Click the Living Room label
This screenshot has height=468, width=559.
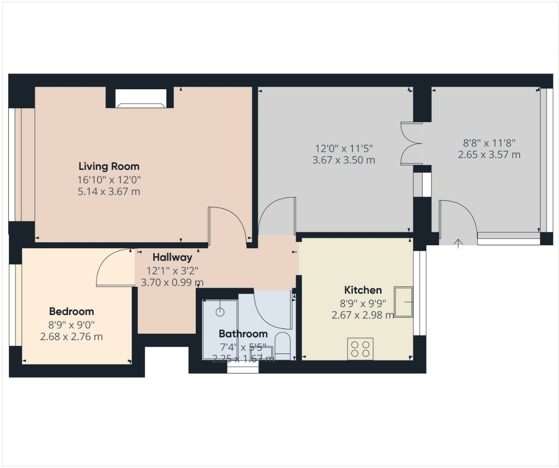click(x=109, y=166)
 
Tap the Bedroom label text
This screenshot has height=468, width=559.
click(x=72, y=312)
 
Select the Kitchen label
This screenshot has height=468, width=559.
click(x=363, y=290)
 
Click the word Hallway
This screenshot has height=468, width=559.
click(x=172, y=257)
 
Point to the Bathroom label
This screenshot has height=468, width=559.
click(x=243, y=334)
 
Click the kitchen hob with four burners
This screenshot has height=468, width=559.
click(x=360, y=349)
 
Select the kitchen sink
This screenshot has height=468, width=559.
click(x=403, y=302)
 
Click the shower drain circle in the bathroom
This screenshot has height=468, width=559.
click(x=220, y=311)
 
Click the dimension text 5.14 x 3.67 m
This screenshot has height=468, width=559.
click(x=109, y=192)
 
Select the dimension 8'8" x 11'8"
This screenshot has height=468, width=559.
click(x=489, y=143)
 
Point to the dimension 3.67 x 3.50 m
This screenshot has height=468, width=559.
click(x=344, y=160)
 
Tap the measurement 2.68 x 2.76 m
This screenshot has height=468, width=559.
click(x=72, y=337)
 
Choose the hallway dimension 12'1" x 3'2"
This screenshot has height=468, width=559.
click(x=172, y=271)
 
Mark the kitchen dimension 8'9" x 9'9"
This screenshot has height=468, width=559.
click(x=363, y=303)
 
